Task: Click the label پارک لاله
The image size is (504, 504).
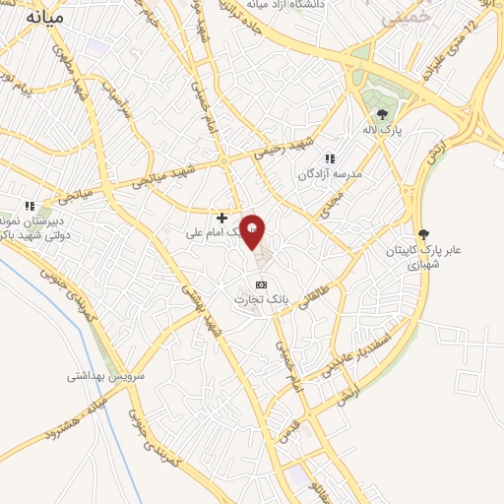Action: click(x=381, y=130)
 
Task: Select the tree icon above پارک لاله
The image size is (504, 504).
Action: click(x=382, y=114)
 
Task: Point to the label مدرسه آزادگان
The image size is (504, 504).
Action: click(x=332, y=173)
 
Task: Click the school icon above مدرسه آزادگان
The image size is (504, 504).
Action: click(x=331, y=157)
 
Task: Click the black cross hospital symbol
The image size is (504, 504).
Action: click(x=222, y=218)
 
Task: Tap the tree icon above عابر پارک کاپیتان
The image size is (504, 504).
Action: click(x=424, y=234)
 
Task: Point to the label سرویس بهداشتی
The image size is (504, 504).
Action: click(x=106, y=376)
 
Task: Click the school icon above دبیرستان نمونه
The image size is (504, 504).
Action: click(x=30, y=206)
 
